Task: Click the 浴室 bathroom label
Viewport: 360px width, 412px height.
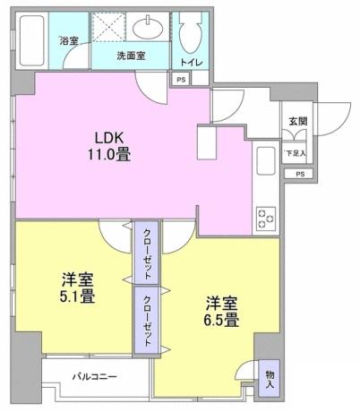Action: pos(69,40)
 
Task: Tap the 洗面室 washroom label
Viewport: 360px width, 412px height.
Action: pos(131,56)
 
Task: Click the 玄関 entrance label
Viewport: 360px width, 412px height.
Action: pos(296,123)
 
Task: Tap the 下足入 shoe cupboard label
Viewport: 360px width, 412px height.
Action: pos(295,152)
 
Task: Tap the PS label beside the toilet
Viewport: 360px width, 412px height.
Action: pos(182,81)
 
